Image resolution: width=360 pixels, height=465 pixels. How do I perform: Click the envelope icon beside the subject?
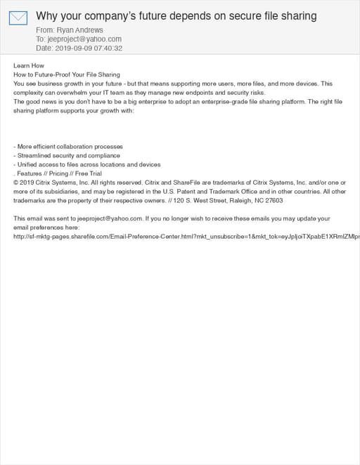(18, 17)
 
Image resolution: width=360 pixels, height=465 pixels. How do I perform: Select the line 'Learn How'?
(29, 65)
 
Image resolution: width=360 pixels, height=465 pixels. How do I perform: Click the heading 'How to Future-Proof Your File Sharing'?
(67, 74)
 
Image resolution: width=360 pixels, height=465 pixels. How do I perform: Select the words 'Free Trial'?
(89, 173)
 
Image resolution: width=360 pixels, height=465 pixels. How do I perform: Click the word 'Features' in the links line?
(30, 173)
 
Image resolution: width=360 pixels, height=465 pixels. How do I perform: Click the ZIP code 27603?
(274, 200)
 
